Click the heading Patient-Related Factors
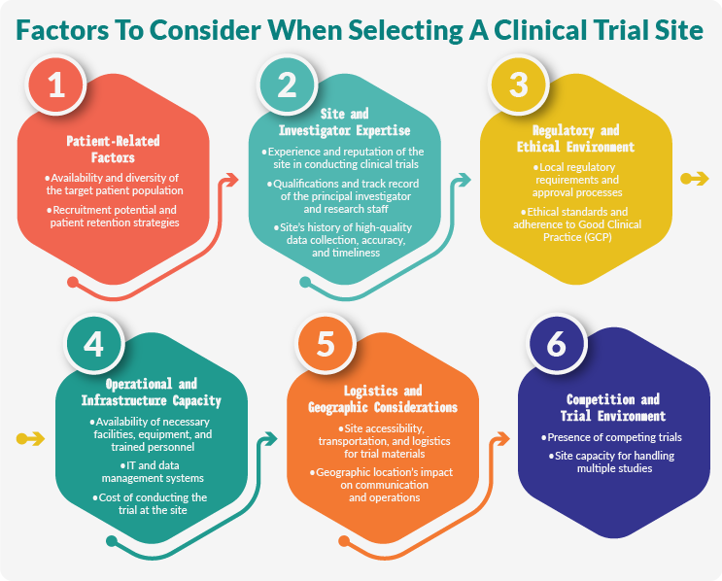pos(115,150)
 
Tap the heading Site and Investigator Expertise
pos(344,122)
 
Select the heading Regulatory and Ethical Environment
pos(576,138)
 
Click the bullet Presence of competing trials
pos(613,437)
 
